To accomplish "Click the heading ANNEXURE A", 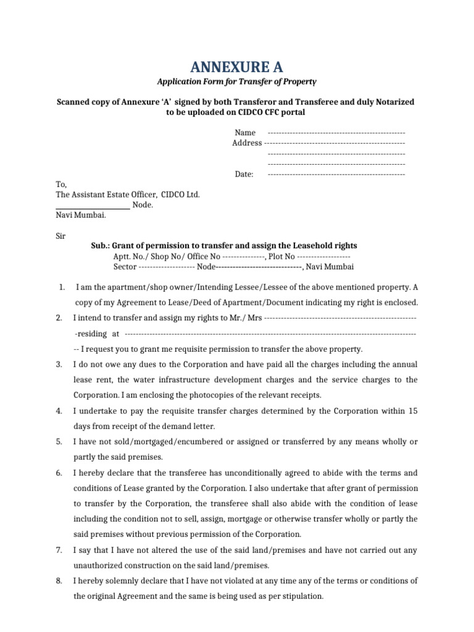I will [x=236, y=67].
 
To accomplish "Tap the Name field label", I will [x=244, y=133].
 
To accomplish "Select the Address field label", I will [x=247, y=143].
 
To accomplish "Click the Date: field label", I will [x=244, y=175].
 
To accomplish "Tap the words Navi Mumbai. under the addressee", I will [x=81, y=215].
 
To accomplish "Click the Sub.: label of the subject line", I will [x=101, y=246].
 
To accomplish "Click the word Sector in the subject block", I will [x=125, y=267].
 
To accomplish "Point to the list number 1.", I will [x=61, y=288].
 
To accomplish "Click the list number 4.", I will [x=59, y=411].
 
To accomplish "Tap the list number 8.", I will [x=59, y=581].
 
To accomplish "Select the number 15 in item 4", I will [x=414, y=411].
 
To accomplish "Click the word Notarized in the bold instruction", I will [x=393, y=101].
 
